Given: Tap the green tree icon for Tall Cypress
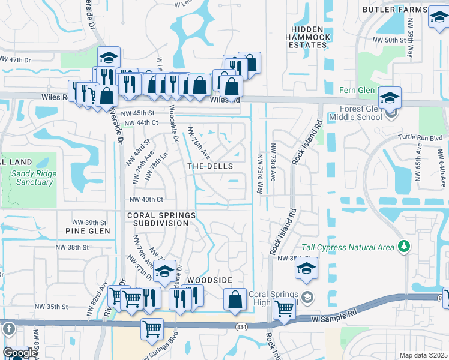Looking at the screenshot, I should tap(404, 246).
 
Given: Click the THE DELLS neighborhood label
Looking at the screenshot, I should tap(209, 166).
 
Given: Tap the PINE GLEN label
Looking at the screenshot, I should tap(88, 230).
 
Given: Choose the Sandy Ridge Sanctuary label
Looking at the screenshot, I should tap(32, 178).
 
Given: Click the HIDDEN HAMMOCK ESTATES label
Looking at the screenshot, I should tap(310, 37).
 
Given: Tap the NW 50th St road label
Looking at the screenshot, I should tap(385, 40).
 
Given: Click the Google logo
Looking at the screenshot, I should tap(19, 353).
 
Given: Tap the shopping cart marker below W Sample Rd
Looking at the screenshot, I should tap(152, 329).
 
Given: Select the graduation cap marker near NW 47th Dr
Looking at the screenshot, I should tap(109, 58).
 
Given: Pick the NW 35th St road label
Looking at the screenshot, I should tap(65, 306).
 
